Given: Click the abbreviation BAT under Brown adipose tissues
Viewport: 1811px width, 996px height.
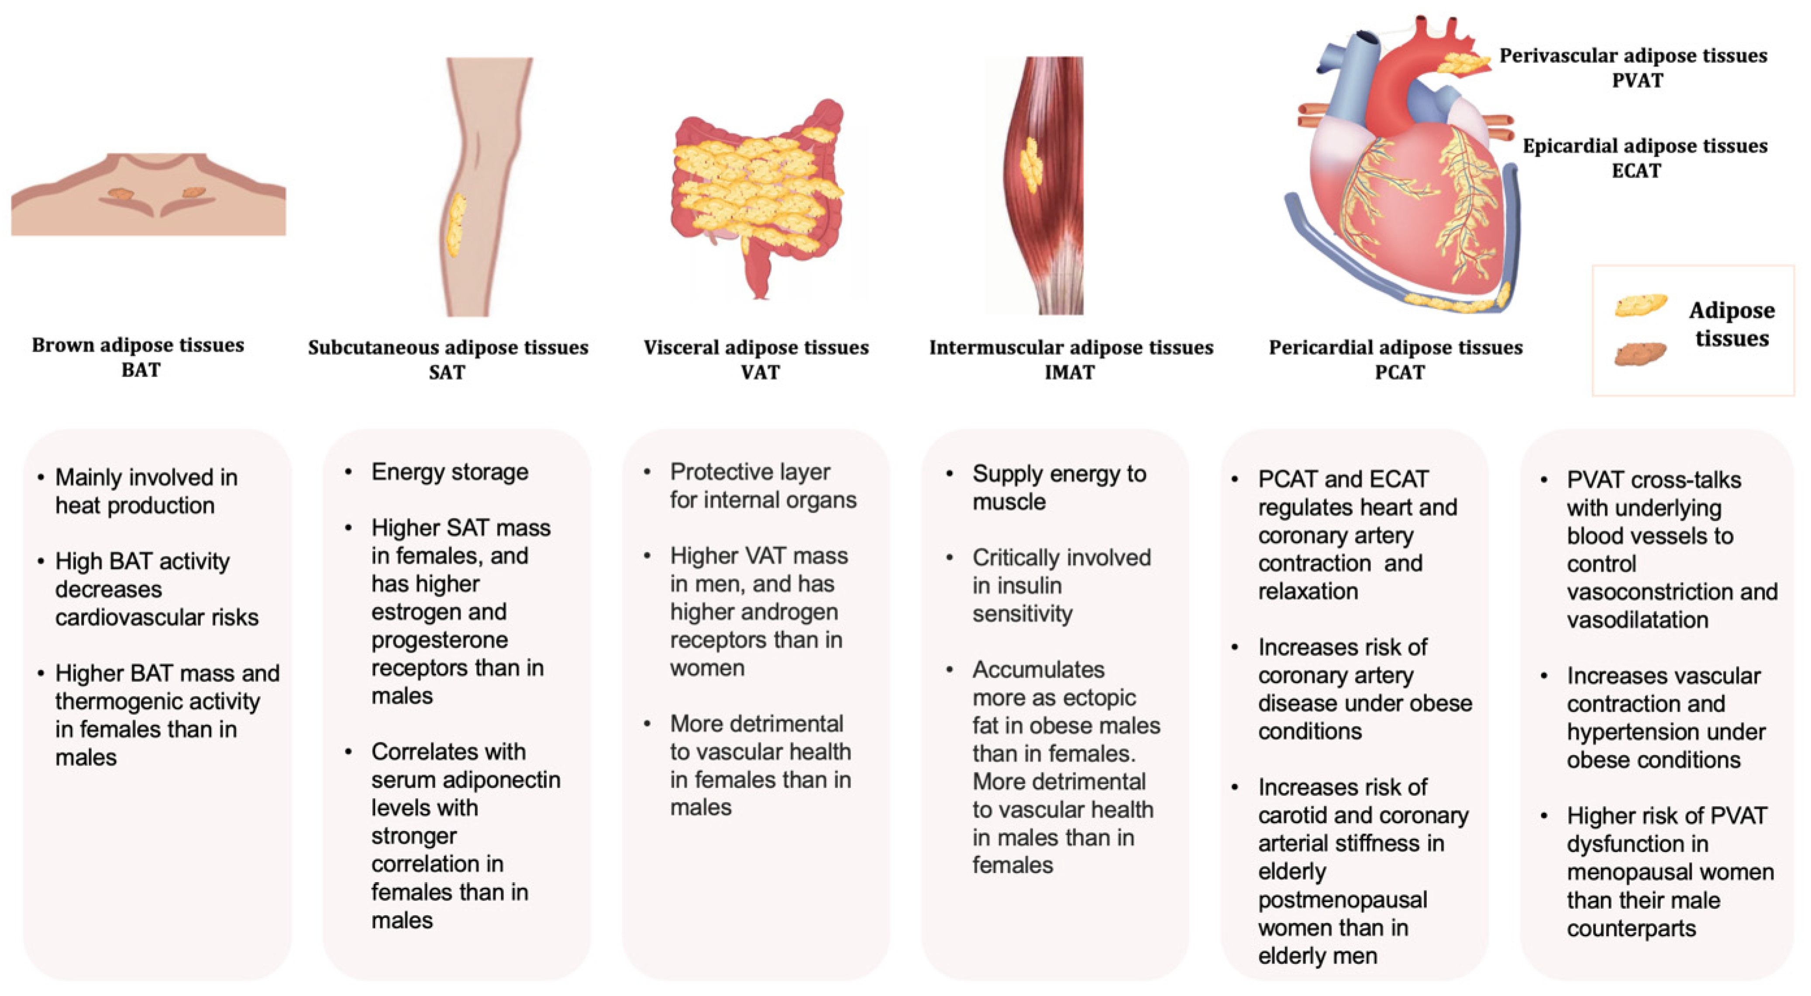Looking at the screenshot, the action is (141, 370).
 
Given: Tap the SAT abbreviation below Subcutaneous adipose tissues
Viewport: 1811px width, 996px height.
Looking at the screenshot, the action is (447, 372).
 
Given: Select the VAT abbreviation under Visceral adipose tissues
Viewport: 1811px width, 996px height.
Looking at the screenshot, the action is (760, 372).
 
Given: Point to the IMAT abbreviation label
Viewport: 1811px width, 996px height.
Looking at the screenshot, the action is (1069, 372).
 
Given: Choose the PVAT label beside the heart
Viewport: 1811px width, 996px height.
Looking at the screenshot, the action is (1637, 80).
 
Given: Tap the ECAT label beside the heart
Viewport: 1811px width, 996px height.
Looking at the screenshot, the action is (1636, 171).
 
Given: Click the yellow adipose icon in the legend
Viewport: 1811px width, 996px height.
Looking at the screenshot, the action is (1640, 305).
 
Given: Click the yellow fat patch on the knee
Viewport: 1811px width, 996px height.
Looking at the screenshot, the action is (456, 225).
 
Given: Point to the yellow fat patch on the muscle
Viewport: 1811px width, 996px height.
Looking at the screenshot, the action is (1031, 165).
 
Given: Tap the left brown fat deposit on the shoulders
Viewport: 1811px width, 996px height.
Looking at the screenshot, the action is (120, 194).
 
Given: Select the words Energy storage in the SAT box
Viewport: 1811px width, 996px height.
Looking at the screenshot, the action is (450, 472).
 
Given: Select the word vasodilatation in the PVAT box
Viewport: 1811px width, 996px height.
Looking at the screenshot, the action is (1637, 620).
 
